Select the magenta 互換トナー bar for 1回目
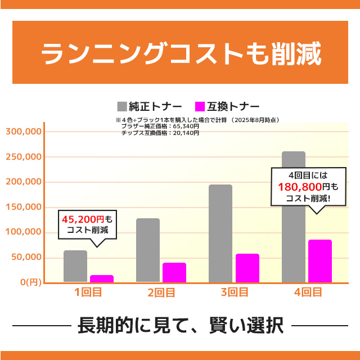coord(102,278)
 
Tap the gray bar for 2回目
coord(148,250)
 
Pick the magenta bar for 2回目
coord(174,272)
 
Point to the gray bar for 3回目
coord(220,233)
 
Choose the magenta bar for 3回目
coord(247,268)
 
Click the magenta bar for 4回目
coord(320,261)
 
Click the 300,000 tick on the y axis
coord(25,132)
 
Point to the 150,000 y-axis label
coord(25,207)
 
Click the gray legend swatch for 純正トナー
coord(122,106)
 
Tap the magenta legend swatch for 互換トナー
coord(200,106)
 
